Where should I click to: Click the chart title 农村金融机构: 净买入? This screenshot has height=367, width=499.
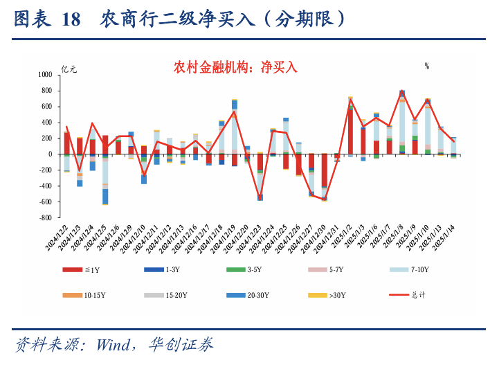(x=235, y=67)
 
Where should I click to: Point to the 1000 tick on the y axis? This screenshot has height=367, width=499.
(x=45, y=74)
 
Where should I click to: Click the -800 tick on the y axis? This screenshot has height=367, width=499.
(x=45, y=217)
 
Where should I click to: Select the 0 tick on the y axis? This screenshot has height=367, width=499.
(x=50, y=154)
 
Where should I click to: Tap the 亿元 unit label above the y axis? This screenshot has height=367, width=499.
(x=70, y=69)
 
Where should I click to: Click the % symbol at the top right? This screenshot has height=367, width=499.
(x=427, y=66)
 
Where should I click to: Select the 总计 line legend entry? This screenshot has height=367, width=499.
(x=418, y=295)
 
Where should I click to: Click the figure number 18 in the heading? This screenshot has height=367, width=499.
(x=71, y=19)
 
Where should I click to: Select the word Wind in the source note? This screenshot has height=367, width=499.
(x=114, y=344)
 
